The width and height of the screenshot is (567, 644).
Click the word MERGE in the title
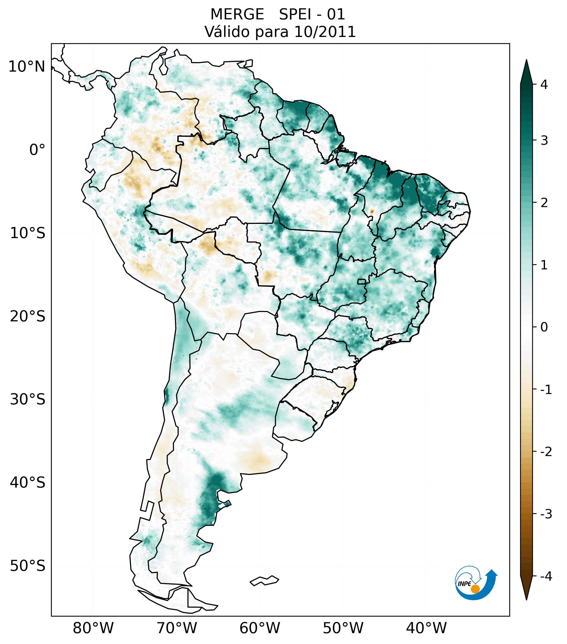pyautogui.click(x=237, y=14)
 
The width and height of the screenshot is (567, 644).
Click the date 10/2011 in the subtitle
pyautogui.click(x=325, y=32)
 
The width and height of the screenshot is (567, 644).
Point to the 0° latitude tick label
pyautogui.click(x=37, y=150)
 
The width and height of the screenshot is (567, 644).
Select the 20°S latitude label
pyautogui.click(x=28, y=316)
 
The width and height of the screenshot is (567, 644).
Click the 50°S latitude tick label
pyautogui.click(x=28, y=566)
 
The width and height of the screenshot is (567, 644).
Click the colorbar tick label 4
pyautogui.click(x=544, y=85)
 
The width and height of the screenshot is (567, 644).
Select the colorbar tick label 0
pyautogui.click(x=544, y=327)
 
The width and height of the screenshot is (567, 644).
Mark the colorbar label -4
pyautogui.click(x=546, y=576)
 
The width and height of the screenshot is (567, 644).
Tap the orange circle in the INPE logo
pyautogui.click(x=475, y=589)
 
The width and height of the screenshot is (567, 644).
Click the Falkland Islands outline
pyautogui.click(x=264, y=580)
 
